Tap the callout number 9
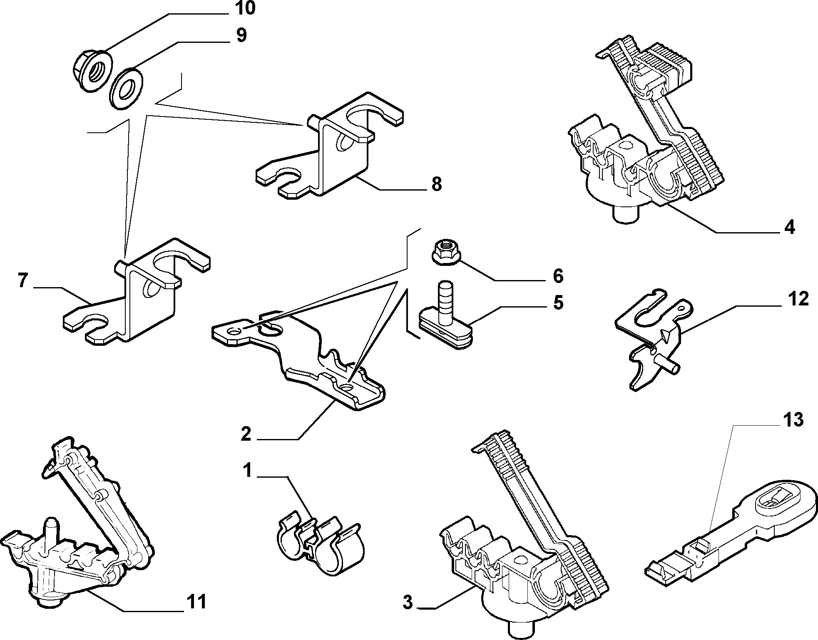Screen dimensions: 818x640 point(241,35)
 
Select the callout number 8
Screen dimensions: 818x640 point(436,184)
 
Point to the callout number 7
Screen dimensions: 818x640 point(24,282)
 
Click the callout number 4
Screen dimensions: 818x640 point(789,228)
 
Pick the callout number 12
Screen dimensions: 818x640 point(798,299)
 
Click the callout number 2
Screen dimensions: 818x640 point(246,434)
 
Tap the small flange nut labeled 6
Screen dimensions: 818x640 point(445,251)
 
